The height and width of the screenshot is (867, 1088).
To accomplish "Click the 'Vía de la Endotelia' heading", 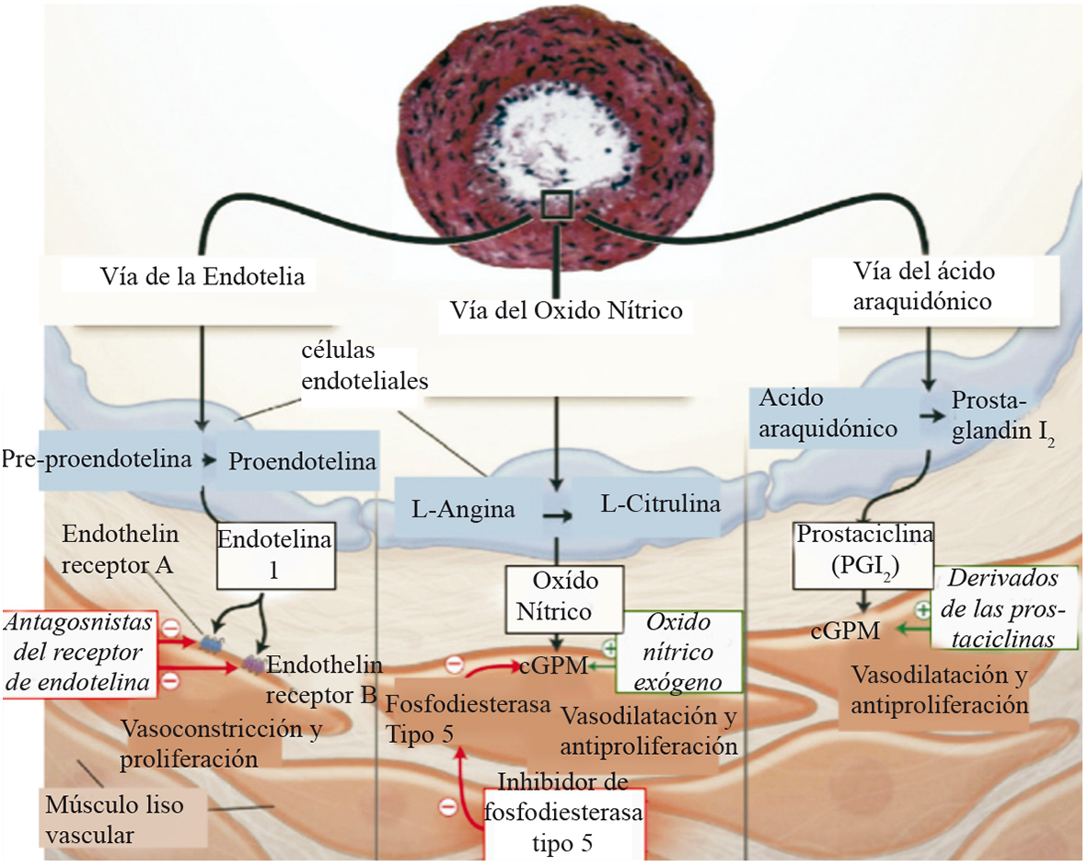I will [x=202, y=275].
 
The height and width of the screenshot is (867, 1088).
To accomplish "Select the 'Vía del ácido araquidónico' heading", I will [x=923, y=285].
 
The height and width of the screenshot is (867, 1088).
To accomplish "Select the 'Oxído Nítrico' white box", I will [x=564, y=596].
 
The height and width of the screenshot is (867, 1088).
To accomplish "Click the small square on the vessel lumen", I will [x=558, y=204].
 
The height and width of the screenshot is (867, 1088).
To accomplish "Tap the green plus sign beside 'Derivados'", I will [x=920, y=610].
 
